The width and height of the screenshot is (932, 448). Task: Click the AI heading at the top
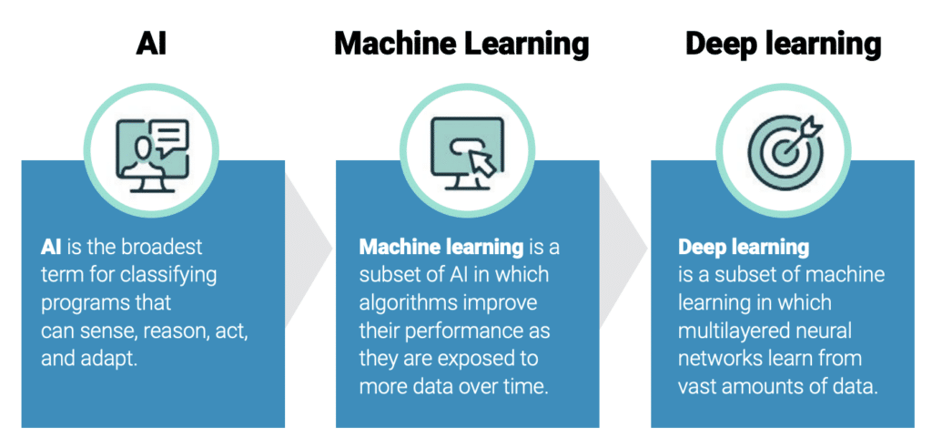pos(152,44)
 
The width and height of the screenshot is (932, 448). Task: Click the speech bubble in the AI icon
pos(169,137)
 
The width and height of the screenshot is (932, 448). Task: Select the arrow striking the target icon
pos(803,133)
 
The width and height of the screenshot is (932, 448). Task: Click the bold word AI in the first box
pos(51,247)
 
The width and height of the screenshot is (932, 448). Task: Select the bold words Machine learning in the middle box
pos(441,248)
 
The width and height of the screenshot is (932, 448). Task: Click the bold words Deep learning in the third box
pos(744,248)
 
